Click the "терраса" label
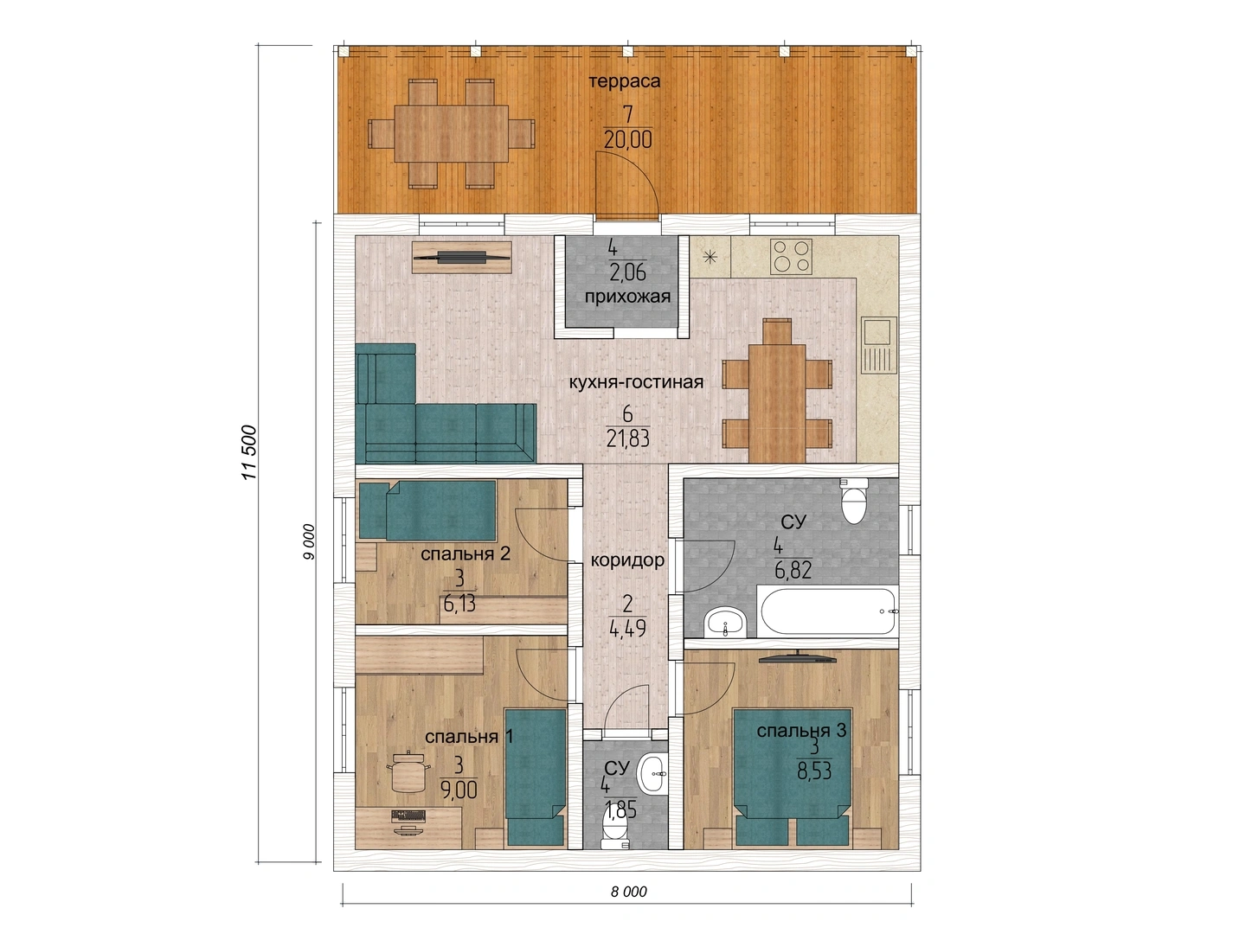tap(625, 81)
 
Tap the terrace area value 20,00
tap(628, 139)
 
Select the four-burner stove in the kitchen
tap(791, 257)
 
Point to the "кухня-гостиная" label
tap(636, 382)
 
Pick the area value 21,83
tap(628, 438)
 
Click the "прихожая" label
tap(627, 297)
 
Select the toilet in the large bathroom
tap(854, 501)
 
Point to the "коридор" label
tap(627, 560)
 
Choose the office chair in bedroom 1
tap(408, 771)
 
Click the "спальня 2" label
tap(466, 553)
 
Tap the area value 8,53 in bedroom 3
tap(814, 771)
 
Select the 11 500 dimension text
tap(249, 452)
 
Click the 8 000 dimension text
tap(628, 892)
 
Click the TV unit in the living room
tap(462, 258)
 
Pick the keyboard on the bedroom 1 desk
tap(408, 816)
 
